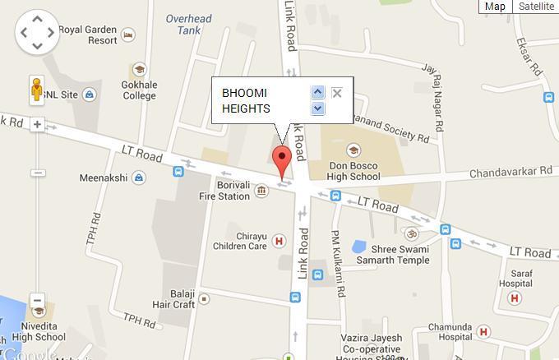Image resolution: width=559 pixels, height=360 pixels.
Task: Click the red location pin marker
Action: (x=283, y=160)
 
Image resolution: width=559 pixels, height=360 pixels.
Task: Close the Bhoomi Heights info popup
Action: (x=336, y=93)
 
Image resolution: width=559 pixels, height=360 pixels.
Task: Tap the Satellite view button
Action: (x=536, y=7)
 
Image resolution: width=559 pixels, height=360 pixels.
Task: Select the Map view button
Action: (x=495, y=7)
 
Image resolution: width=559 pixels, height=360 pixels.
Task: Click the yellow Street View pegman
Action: (x=37, y=88)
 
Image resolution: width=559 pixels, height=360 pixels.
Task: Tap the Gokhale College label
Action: (x=139, y=90)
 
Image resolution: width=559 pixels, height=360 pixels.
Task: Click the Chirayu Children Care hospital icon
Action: (x=279, y=241)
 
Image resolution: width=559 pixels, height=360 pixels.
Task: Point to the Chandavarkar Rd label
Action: (x=510, y=172)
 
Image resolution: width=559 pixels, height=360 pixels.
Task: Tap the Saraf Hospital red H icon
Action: (x=515, y=298)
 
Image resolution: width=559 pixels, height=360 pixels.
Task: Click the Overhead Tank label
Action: (x=189, y=25)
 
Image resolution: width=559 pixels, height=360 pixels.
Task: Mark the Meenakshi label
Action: (x=104, y=178)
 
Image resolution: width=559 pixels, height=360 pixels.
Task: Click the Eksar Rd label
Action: (x=527, y=55)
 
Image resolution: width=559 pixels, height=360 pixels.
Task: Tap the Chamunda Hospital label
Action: (x=443, y=332)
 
